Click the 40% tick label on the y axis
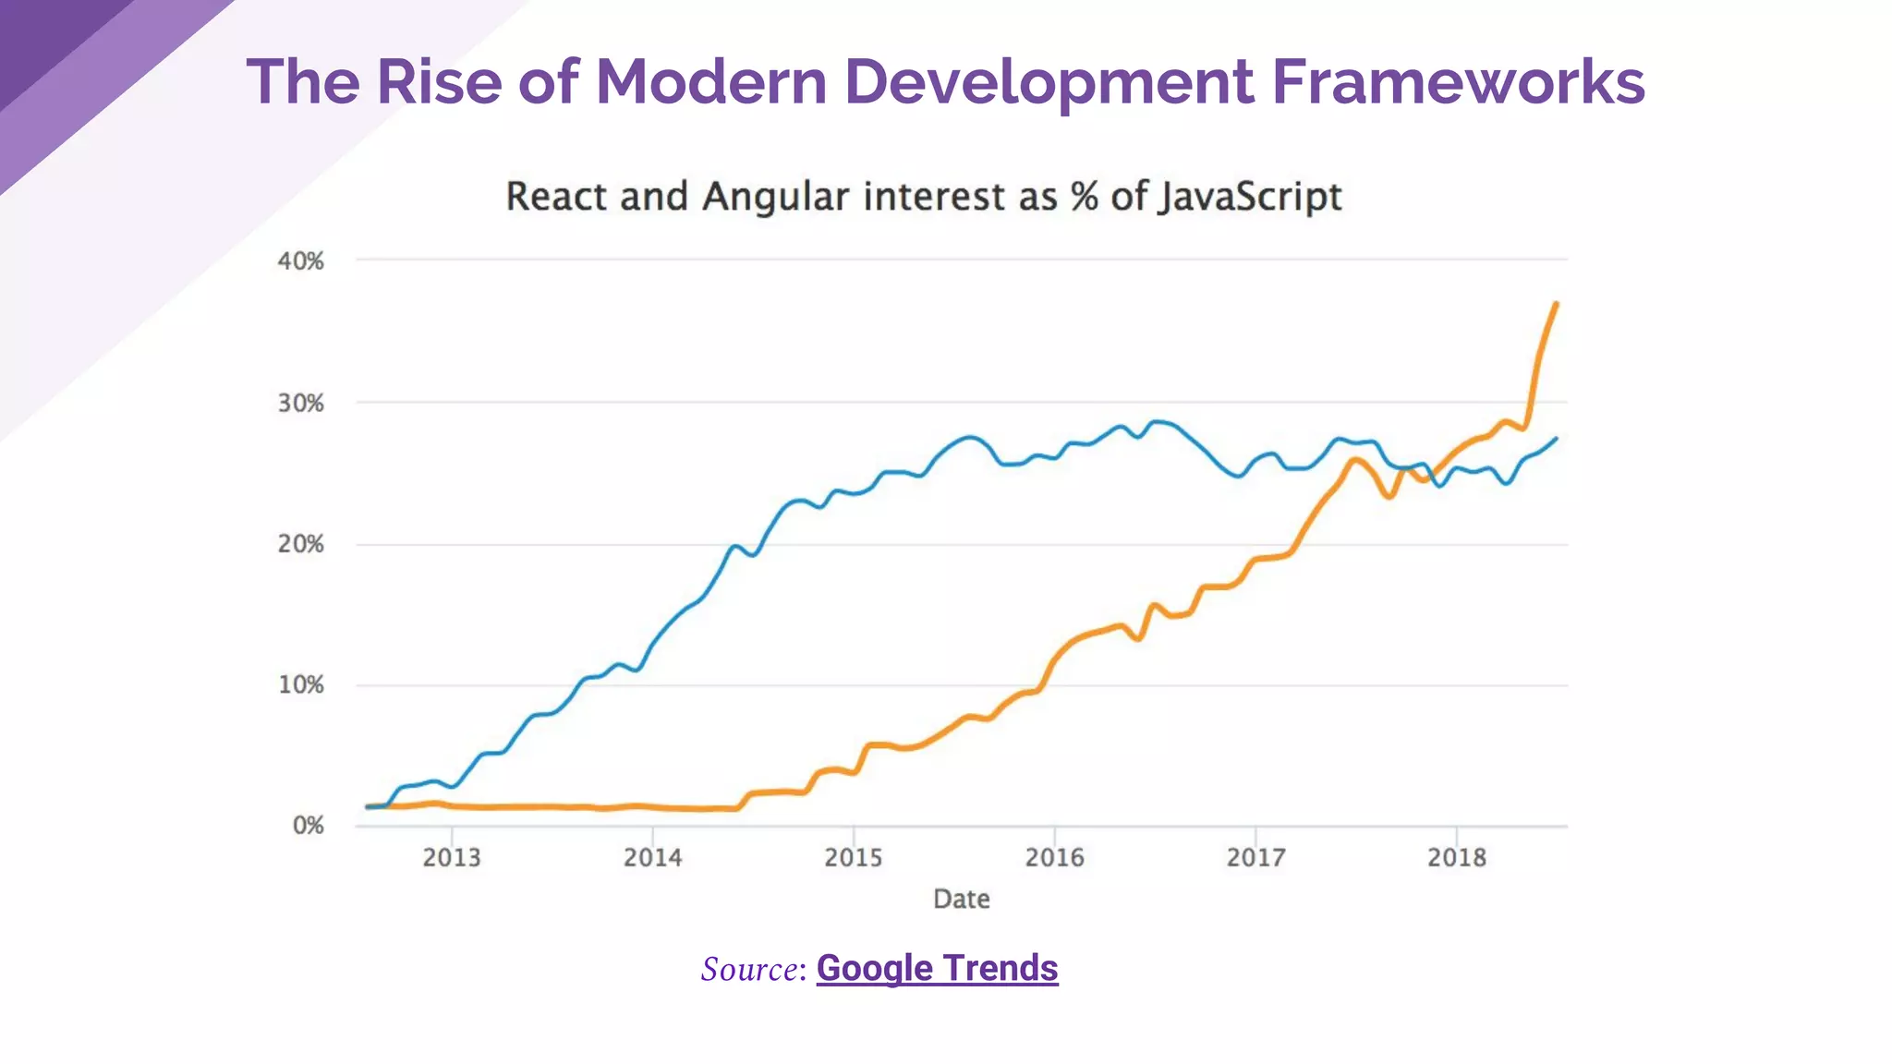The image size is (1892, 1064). [x=300, y=261]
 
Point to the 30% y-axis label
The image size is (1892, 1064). [x=300, y=404]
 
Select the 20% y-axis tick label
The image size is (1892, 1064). [x=300, y=544]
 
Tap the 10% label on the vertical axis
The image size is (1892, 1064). [x=300, y=685]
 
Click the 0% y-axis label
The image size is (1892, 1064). [x=308, y=826]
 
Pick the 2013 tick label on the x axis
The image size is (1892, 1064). [x=452, y=858]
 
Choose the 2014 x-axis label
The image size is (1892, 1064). [x=652, y=858]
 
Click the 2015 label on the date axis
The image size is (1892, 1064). [x=854, y=858]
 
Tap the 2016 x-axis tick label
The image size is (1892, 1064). [x=1054, y=858]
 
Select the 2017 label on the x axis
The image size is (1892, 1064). [x=1255, y=858]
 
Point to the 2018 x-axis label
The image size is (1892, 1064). [x=1457, y=858]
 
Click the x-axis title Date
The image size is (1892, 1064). [x=961, y=899]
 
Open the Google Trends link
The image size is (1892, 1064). [x=937, y=968]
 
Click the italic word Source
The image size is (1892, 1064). [x=749, y=969]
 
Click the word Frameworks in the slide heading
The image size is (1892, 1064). [x=1458, y=81]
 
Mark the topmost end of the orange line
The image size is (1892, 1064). [x=1557, y=303]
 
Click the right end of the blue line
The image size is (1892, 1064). [x=1557, y=439]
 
